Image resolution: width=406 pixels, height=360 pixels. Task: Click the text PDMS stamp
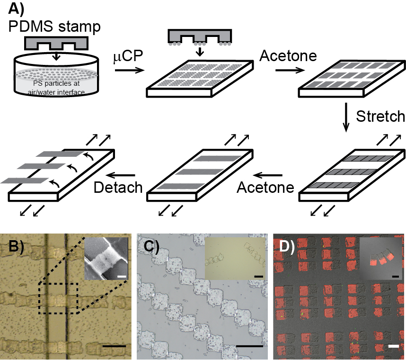click(x=54, y=27)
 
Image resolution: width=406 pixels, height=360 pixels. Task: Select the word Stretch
click(x=381, y=116)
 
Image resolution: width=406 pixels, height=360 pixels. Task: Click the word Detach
click(x=118, y=187)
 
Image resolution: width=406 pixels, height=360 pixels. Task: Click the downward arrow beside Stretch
click(x=346, y=117)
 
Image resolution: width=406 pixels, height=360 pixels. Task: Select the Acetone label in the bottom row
click(x=265, y=188)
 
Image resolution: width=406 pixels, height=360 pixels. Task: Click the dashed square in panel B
click(x=58, y=298)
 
